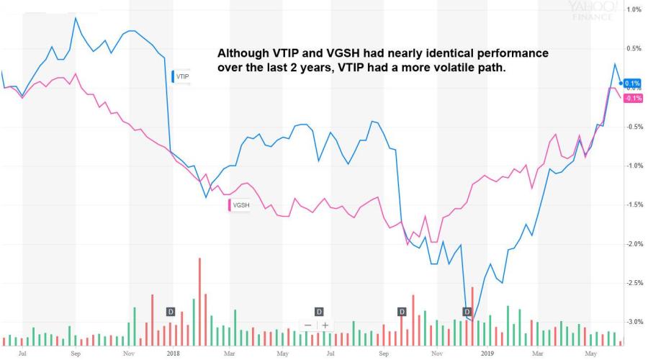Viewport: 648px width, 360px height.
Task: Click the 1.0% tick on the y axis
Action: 634,9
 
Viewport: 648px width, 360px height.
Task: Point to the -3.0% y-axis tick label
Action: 633,322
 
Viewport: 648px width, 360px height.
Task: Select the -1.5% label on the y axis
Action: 633,204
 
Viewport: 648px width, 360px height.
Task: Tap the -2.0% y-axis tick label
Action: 633,244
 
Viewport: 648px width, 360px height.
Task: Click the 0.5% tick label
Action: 634,48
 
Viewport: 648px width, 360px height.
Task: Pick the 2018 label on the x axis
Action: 173,354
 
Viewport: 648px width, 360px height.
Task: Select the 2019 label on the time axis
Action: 487,354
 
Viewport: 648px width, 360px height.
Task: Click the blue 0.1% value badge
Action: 633,84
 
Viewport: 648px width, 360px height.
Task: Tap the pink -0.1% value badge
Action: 633,98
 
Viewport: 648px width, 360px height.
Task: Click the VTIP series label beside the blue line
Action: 181,76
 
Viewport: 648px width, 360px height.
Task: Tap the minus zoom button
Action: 308,325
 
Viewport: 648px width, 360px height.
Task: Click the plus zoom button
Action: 325,325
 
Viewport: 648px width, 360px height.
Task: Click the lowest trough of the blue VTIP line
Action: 472,320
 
